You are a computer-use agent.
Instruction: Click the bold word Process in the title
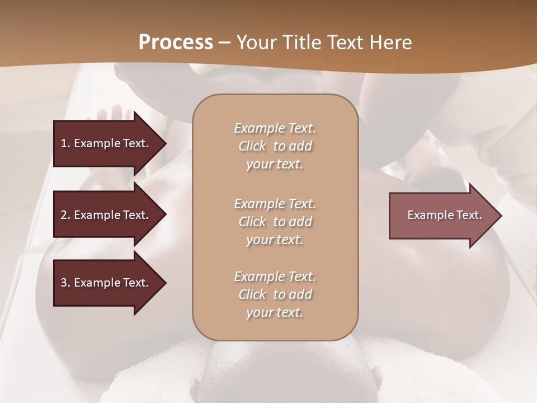click(x=176, y=42)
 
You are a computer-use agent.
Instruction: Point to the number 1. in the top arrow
click(x=65, y=143)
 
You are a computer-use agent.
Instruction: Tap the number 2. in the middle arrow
click(x=65, y=215)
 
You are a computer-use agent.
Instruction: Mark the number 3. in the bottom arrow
click(x=65, y=283)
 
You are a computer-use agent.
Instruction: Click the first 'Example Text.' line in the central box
click(x=275, y=128)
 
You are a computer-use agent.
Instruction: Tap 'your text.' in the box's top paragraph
click(x=275, y=164)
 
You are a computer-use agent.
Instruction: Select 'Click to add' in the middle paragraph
click(x=275, y=222)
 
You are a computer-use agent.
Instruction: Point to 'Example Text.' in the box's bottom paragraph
click(x=275, y=277)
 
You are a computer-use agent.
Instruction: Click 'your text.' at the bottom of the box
click(x=275, y=312)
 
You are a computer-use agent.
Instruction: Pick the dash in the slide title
click(x=224, y=42)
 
